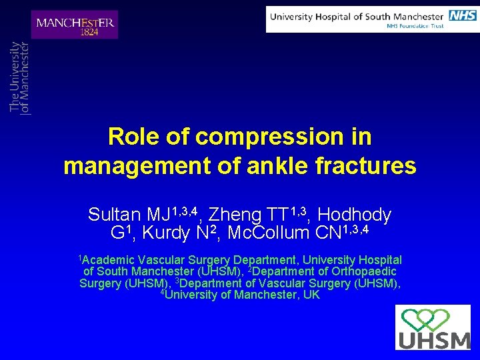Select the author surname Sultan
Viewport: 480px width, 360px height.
tap(115, 215)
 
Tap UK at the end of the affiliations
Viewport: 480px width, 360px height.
tap(311, 295)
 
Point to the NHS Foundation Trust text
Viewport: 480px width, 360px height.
tap(415, 27)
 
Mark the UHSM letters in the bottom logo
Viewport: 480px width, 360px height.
tap(433, 340)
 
